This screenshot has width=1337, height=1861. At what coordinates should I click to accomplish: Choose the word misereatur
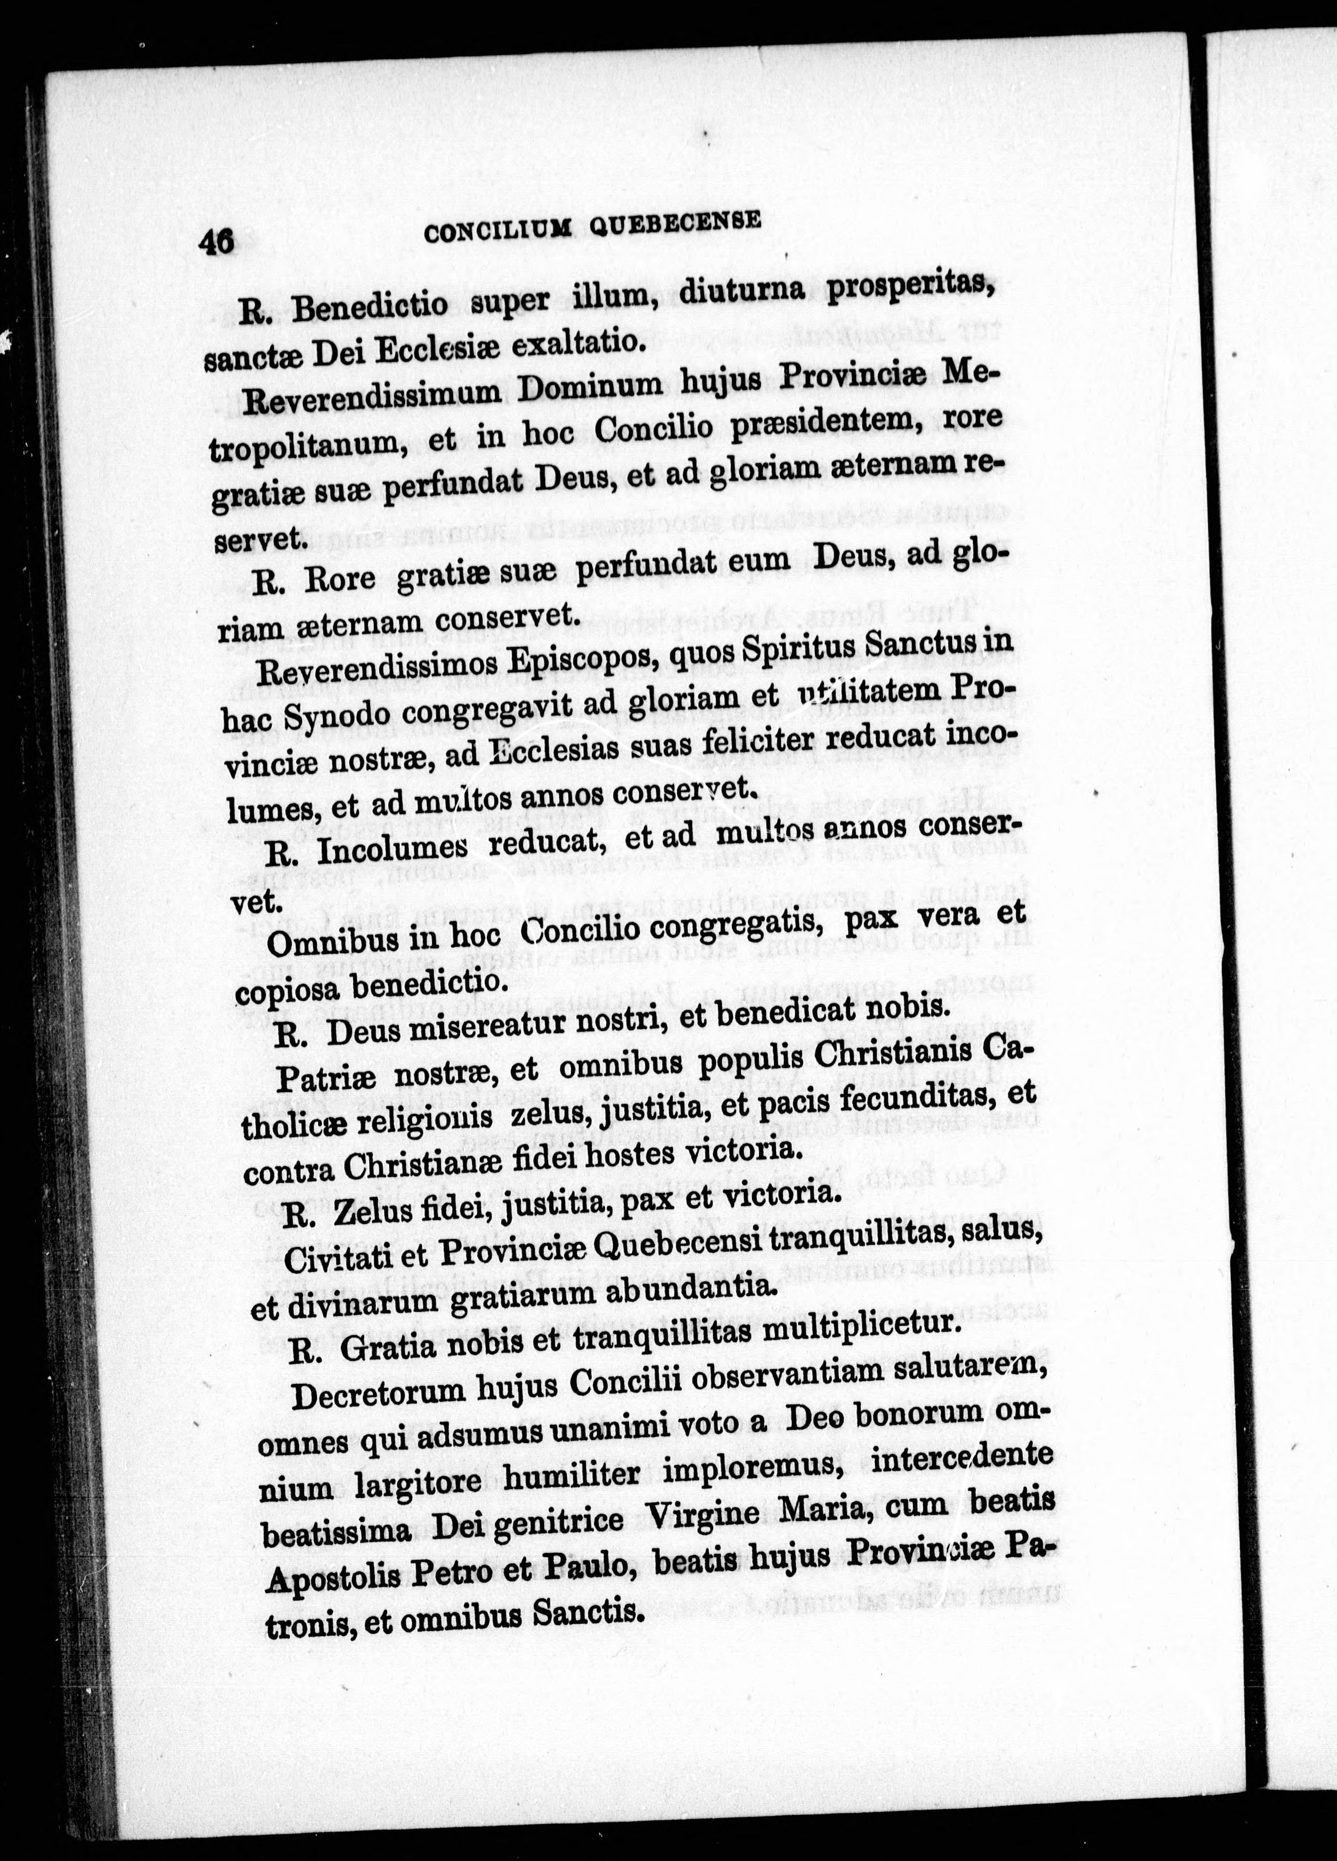[x=477, y=1027]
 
